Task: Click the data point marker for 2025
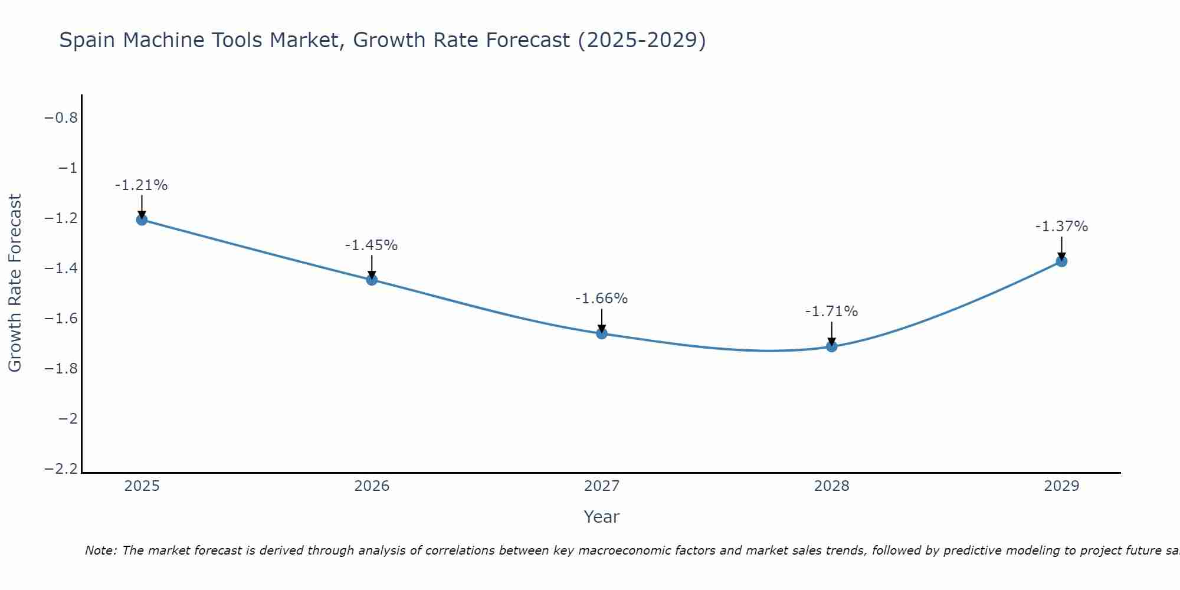click(142, 220)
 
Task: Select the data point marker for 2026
click(372, 280)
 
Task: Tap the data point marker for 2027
click(602, 333)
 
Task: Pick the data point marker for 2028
click(832, 346)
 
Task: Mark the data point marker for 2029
click(1061, 261)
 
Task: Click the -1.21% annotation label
click(142, 185)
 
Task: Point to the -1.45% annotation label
click(372, 245)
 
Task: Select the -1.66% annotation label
click(602, 299)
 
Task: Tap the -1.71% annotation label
click(832, 312)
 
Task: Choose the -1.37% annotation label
click(1061, 227)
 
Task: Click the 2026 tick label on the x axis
click(372, 486)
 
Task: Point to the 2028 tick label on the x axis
click(832, 486)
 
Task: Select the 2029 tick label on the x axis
click(1061, 486)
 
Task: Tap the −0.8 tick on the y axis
click(61, 118)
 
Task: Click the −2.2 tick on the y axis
click(61, 469)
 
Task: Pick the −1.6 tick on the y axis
click(61, 319)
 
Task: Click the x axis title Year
click(602, 517)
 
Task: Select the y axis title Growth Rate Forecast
click(15, 283)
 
